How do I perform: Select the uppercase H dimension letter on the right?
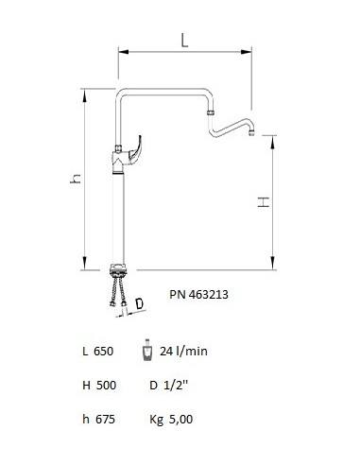(x=265, y=201)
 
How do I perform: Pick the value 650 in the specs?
(x=104, y=351)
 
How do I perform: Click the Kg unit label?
(x=157, y=419)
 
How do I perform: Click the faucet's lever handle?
(x=139, y=150)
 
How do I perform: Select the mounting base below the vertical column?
(x=120, y=268)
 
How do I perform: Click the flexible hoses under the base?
(x=120, y=288)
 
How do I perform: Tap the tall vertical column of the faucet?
(x=120, y=217)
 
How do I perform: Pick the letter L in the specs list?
(x=86, y=351)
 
